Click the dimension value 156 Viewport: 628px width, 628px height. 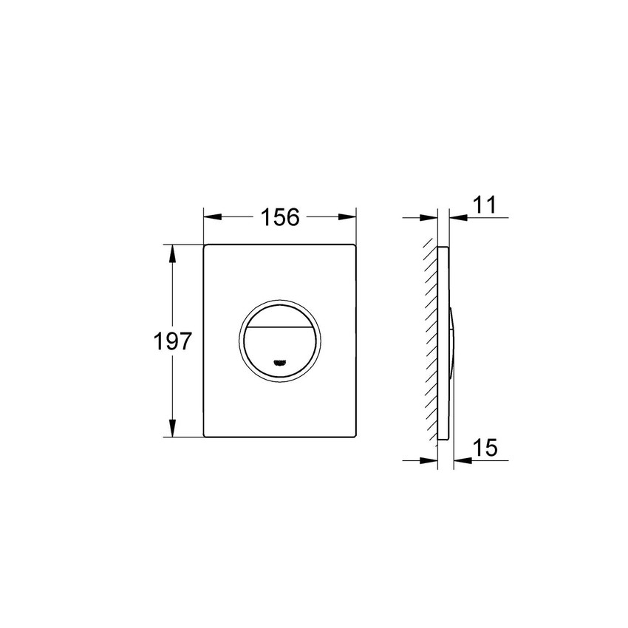[280, 217]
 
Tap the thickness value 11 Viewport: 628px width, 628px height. [485, 205]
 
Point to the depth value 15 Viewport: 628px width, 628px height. [485, 448]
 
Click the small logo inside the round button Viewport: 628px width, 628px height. [280, 362]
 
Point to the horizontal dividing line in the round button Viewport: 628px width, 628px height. [280, 326]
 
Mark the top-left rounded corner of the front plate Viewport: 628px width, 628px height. [206, 246]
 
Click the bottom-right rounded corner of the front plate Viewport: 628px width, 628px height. [354, 435]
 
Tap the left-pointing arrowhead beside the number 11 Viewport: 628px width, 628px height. [457, 217]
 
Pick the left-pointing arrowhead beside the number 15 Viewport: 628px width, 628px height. [461, 460]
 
